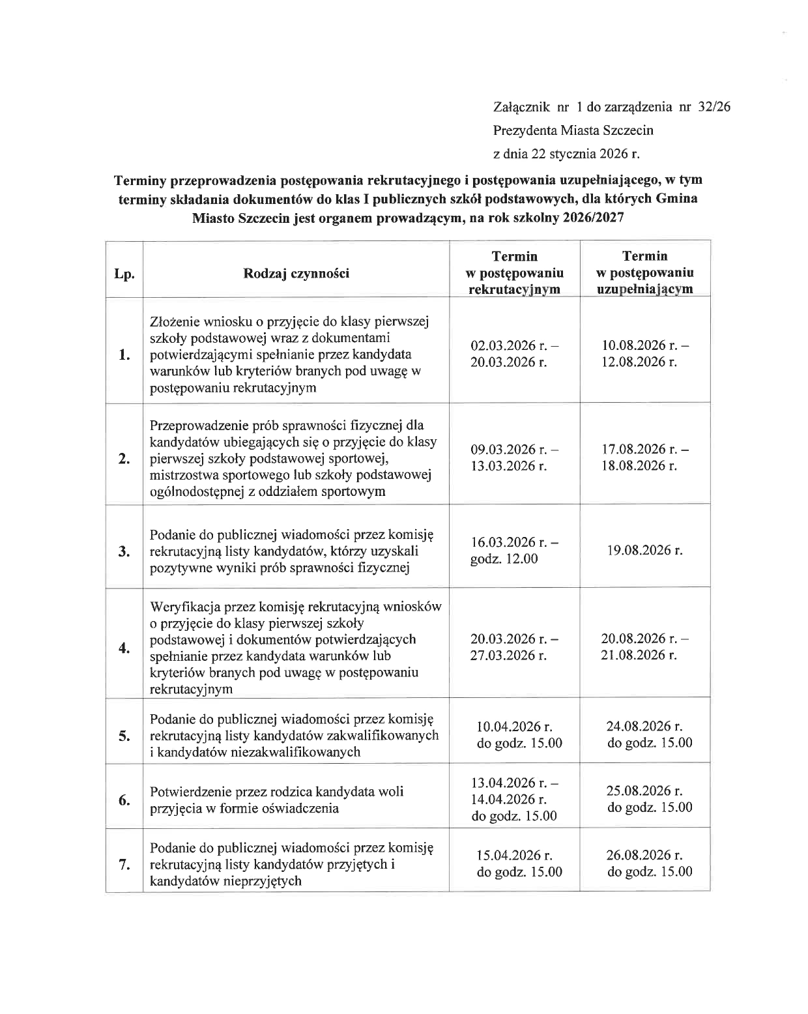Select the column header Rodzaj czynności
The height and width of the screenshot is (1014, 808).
(296, 273)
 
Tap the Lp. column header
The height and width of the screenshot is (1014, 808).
(124, 274)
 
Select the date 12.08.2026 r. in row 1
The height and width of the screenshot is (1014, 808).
(639, 362)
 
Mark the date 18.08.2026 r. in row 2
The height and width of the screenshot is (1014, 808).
(639, 466)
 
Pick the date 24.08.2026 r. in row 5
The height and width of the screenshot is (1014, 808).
(644, 727)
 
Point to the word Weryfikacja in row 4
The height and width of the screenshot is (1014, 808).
(185, 607)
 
